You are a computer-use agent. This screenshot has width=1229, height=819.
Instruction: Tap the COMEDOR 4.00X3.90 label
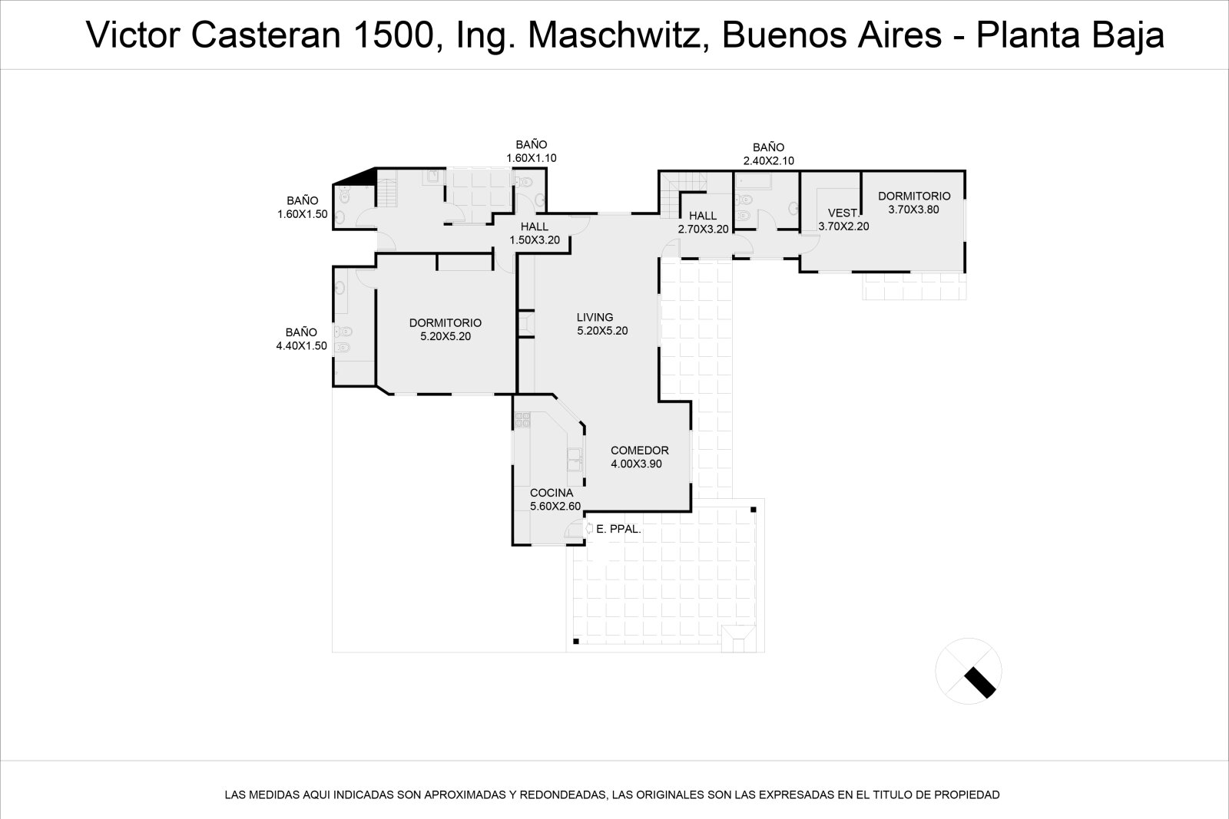click(x=639, y=457)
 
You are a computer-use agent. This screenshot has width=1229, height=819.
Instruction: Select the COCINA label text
click(x=552, y=493)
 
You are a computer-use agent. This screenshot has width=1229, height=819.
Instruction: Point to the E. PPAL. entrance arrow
click(x=588, y=528)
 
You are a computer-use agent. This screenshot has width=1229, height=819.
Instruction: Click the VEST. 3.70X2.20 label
click(x=843, y=220)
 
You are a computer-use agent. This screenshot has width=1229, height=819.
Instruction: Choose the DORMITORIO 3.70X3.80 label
click(x=914, y=203)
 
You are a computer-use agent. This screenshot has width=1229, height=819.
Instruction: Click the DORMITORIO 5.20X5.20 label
click(x=446, y=329)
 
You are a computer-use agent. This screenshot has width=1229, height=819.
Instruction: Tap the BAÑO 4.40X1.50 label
click(x=301, y=338)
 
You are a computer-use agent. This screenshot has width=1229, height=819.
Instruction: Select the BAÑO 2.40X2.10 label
click(x=768, y=154)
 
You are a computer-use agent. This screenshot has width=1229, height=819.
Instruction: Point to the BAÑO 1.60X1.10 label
click(x=531, y=151)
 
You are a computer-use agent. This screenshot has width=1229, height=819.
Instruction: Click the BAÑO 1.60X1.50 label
click(x=303, y=207)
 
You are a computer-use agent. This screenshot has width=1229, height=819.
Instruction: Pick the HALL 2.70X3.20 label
click(x=703, y=222)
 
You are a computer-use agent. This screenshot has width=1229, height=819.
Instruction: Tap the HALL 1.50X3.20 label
click(x=535, y=233)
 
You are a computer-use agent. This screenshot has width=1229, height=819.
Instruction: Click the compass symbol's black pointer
click(x=980, y=682)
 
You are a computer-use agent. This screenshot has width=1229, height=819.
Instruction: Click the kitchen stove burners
click(x=522, y=420)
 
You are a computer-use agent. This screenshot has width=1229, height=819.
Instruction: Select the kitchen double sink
click(x=575, y=459)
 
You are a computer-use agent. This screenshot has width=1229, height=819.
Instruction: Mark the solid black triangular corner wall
click(x=362, y=177)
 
